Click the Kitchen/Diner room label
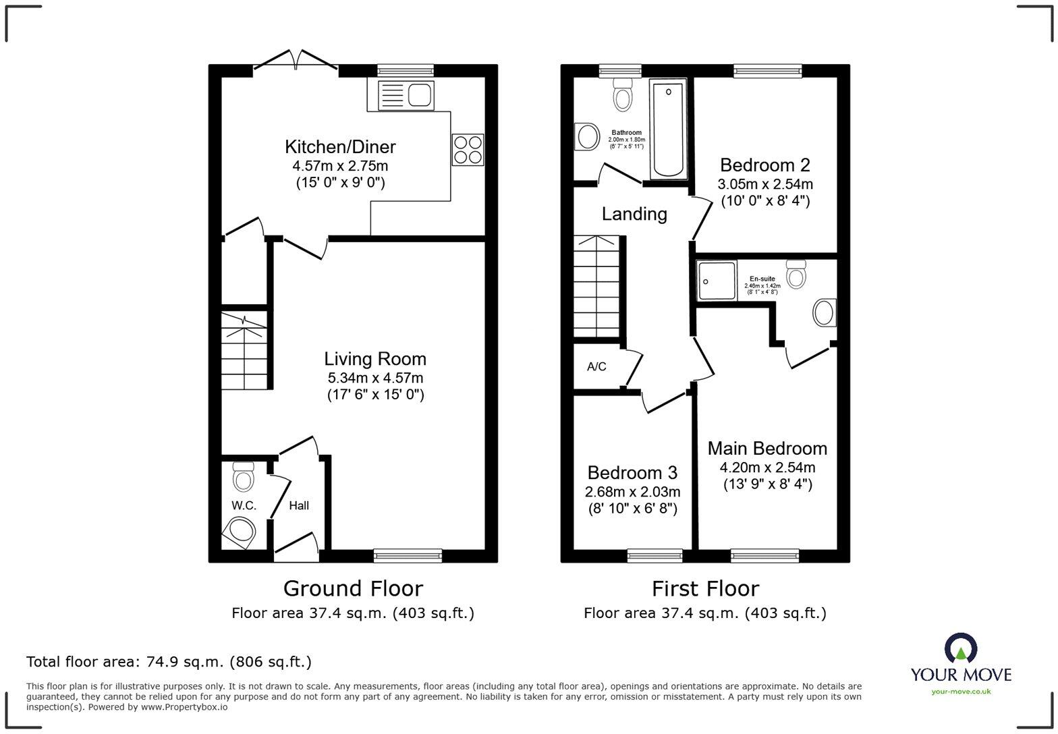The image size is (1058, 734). coord(340,146)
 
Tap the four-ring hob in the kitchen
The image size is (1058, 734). coord(468,149)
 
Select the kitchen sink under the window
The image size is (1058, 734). coord(405,94)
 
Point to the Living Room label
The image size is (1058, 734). coord(374,359)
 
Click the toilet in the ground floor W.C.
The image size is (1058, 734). coord(243,476)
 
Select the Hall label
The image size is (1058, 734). coord(299,505)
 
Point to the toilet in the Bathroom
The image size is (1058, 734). coord(623,94)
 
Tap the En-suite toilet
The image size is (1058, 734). coord(796,274)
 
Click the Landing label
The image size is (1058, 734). coord(634,214)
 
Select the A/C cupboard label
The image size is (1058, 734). coord(596,366)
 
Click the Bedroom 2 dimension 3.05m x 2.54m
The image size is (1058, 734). coord(764,184)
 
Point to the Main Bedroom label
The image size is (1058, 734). coord(767,449)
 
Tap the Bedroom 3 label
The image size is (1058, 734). coord(632,473)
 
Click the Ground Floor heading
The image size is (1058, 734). coord(353,588)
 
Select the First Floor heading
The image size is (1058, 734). coord(705,588)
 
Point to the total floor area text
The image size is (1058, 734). coord(169,662)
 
